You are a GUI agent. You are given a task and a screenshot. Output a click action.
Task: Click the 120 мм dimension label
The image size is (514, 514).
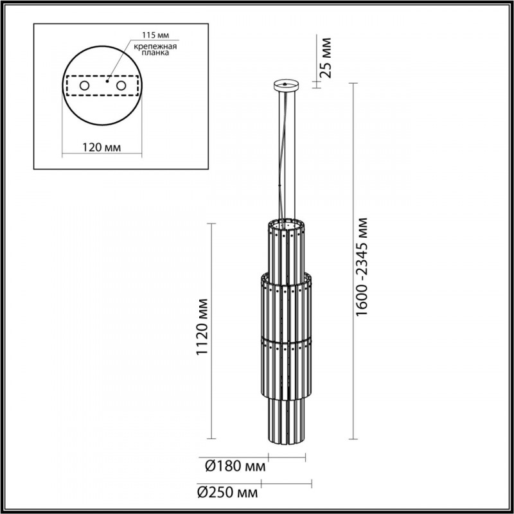pos(102,148)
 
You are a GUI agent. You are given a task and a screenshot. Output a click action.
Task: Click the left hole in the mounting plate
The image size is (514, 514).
pos(84,85)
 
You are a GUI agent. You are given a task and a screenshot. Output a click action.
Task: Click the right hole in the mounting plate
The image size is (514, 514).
pos(121,85)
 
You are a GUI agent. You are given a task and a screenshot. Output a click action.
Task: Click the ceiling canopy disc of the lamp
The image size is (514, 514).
pos(287,84)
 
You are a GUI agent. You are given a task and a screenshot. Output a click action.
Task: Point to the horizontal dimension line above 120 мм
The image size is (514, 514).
pos(102,155)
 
